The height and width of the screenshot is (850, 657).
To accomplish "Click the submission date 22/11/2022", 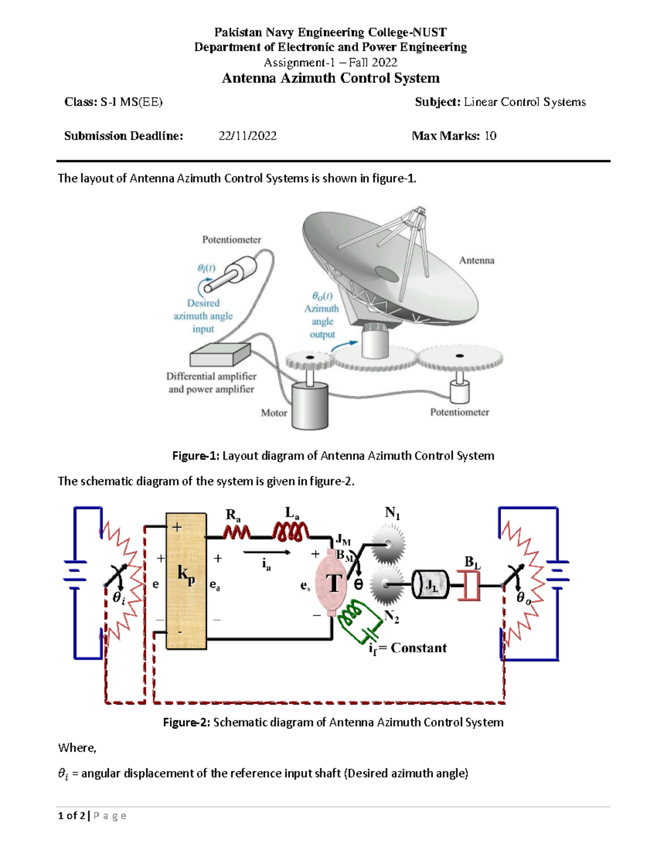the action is (x=247, y=136).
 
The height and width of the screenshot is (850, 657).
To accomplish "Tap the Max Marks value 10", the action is (x=491, y=136).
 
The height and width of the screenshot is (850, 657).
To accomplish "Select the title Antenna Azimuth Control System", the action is (x=331, y=78).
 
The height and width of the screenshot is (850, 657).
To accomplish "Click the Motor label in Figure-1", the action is (x=274, y=413).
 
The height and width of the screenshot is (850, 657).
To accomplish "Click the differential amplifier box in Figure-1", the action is (x=220, y=355).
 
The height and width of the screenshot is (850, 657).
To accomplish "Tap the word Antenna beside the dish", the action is (x=477, y=260).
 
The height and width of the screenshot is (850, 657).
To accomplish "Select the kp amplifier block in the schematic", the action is (x=186, y=582).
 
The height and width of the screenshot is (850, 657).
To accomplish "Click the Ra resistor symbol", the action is (x=237, y=533).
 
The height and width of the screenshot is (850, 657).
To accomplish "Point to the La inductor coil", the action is (x=291, y=532).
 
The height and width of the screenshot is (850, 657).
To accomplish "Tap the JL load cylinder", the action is (x=430, y=585).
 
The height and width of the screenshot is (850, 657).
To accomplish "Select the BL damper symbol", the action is (x=469, y=585).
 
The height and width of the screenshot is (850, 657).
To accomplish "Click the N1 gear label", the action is (x=392, y=513).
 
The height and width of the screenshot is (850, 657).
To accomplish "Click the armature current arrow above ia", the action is (x=267, y=552).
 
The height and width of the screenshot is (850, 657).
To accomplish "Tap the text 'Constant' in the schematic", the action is (x=418, y=648).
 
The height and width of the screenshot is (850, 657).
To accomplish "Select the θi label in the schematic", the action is (x=119, y=598).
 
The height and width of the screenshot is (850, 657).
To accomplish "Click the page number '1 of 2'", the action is (x=72, y=816).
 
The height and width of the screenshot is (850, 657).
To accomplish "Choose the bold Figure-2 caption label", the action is (x=187, y=722).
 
